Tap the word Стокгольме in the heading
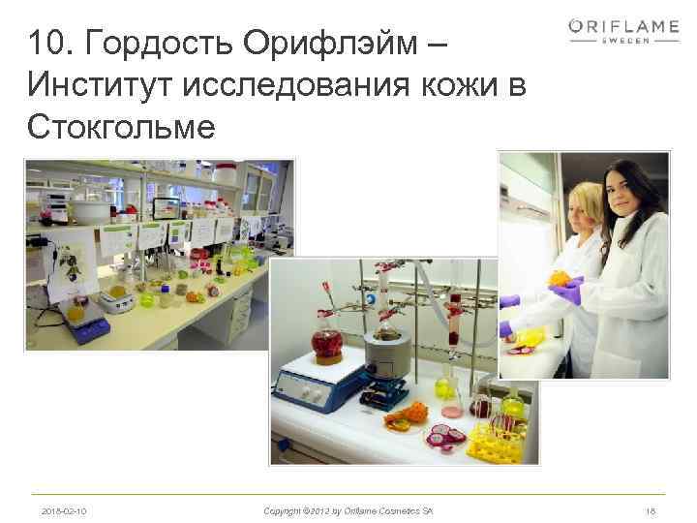click(121, 127)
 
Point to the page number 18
click(651, 509)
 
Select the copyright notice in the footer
click(348, 509)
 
